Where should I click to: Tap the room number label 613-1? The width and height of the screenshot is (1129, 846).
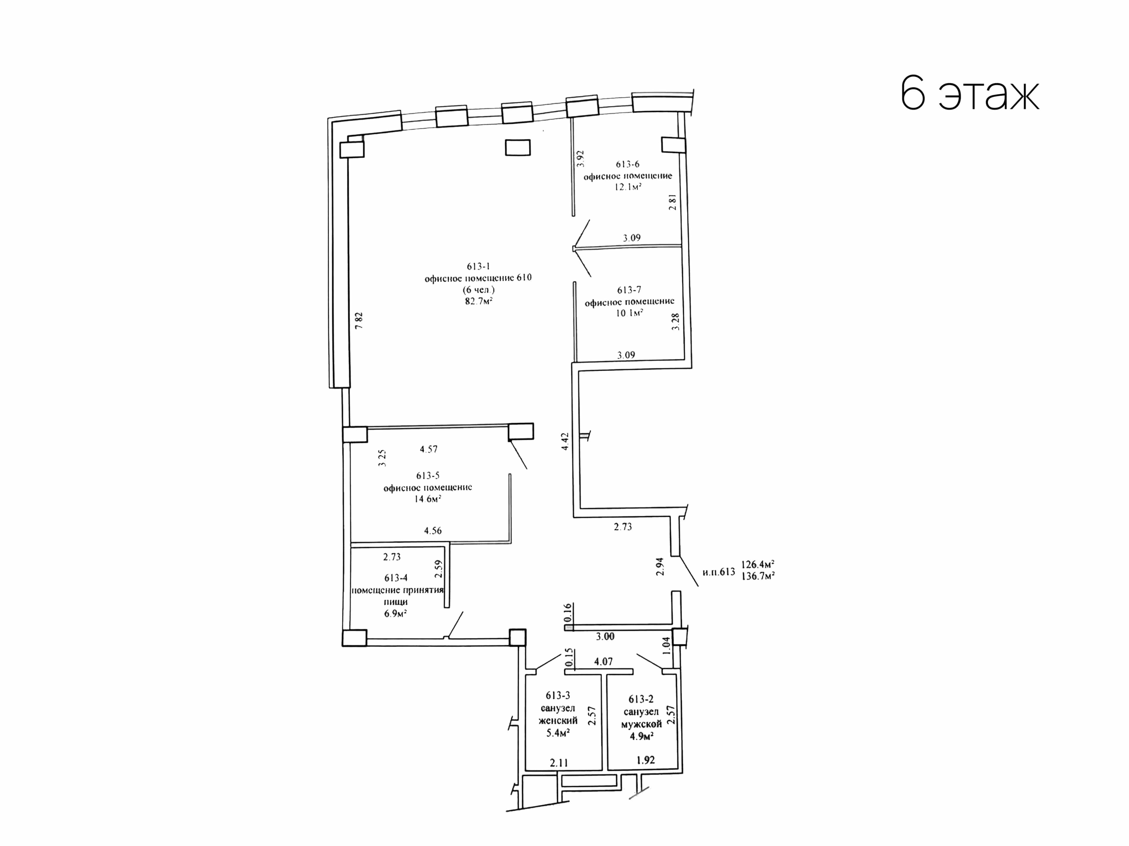[478, 266]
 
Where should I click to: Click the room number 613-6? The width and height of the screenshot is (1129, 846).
[627, 164]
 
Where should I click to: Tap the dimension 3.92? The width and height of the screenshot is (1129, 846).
[580, 159]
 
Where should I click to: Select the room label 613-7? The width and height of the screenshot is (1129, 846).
[629, 290]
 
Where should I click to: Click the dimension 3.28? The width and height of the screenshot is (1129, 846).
[676, 322]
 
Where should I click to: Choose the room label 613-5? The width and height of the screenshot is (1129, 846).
[428, 476]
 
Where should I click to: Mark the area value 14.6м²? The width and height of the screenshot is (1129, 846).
[428, 499]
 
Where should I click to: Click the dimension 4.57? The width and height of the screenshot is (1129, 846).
[429, 449]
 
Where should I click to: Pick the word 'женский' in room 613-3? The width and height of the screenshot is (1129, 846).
[558, 721]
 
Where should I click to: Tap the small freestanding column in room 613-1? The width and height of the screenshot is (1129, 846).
[518, 148]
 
